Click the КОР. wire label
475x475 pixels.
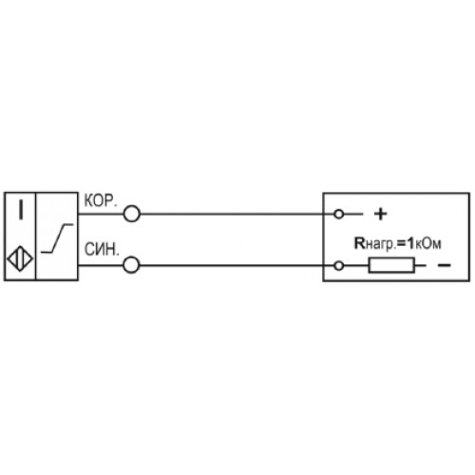tap(101, 200)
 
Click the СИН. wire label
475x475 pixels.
tap(102, 250)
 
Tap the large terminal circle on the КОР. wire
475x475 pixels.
tap(131, 214)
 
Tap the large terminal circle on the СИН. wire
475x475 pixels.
tap(131, 265)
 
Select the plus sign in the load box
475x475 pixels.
tap(381, 214)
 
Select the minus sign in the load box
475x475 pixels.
tap(444, 265)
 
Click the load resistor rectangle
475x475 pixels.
tap(391, 265)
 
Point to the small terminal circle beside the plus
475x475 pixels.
tap(339, 215)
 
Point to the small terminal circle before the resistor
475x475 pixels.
tap(339, 265)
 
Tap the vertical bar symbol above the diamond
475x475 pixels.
tap(21, 209)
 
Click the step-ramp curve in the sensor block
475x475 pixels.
tap(57, 238)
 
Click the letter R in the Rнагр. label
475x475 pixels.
tap(360, 243)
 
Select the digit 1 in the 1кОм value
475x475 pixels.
tap(410, 243)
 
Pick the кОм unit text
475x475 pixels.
tap(427, 244)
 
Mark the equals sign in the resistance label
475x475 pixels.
tap(402, 244)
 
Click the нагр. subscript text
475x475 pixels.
tap(381, 245)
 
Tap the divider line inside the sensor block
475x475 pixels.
tap(36, 237)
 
